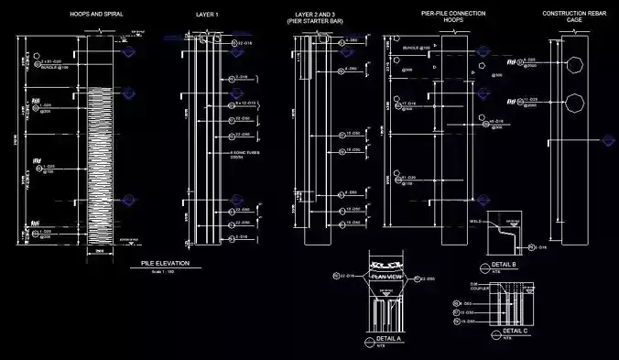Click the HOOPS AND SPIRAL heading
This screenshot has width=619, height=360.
[x=96, y=15]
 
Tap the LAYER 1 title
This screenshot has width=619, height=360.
[x=207, y=15]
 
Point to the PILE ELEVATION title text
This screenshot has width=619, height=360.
[x=165, y=264]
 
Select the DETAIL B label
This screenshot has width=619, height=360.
[x=505, y=265]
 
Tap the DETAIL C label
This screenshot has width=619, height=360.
[x=516, y=330]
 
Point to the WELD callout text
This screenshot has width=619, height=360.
[x=475, y=221]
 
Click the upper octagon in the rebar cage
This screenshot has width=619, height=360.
[x=574, y=66]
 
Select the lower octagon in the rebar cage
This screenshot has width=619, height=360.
[x=574, y=102]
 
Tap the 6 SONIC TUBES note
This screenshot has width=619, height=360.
[x=240, y=154]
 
